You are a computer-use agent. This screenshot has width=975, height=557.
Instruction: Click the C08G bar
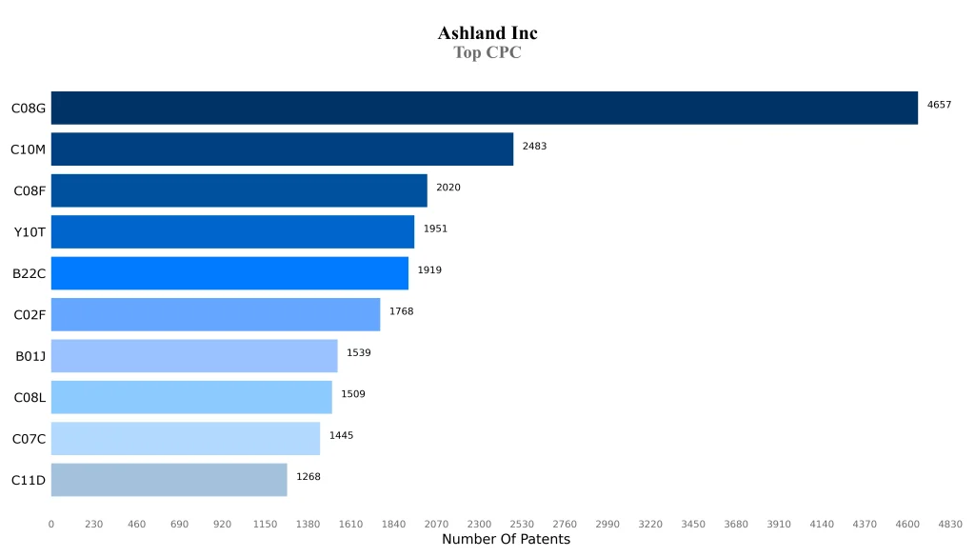[x=484, y=108]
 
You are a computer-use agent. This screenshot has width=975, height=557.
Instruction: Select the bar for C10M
[x=282, y=149]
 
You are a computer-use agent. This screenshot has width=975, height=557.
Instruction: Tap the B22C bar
[x=229, y=273]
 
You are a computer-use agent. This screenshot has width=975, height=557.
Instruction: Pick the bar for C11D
[x=169, y=480]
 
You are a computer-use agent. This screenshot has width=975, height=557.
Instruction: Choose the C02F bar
[x=215, y=314]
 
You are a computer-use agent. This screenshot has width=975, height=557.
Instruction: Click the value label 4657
[x=939, y=105]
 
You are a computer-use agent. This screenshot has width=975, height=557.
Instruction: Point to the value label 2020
[x=448, y=188]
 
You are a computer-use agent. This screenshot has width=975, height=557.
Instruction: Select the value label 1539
[x=358, y=352]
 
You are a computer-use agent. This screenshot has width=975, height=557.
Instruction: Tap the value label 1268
[x=308, y=476]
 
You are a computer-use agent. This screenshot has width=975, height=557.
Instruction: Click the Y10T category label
[x=30, y=232]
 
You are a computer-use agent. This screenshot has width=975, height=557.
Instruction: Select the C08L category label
[x=30, y=397]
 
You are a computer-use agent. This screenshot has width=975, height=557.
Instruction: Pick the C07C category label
[x=29, y=439]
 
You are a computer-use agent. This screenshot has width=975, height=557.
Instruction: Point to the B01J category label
[x=30, y=356]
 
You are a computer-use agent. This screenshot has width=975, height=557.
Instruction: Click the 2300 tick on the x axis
[x=479, y=524]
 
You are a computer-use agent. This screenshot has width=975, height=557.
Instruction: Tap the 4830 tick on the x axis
[x=950, y=524]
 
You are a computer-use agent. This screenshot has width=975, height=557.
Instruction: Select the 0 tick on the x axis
[x=51, y=524]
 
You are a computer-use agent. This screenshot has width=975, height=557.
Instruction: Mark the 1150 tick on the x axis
[x=265, y=524]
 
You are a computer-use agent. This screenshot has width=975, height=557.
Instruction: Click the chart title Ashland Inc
[x=487, y=33]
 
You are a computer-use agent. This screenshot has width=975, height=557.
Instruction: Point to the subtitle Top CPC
[x=487, y=53]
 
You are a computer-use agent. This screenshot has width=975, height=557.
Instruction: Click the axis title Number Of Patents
[x=506, y=540]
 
